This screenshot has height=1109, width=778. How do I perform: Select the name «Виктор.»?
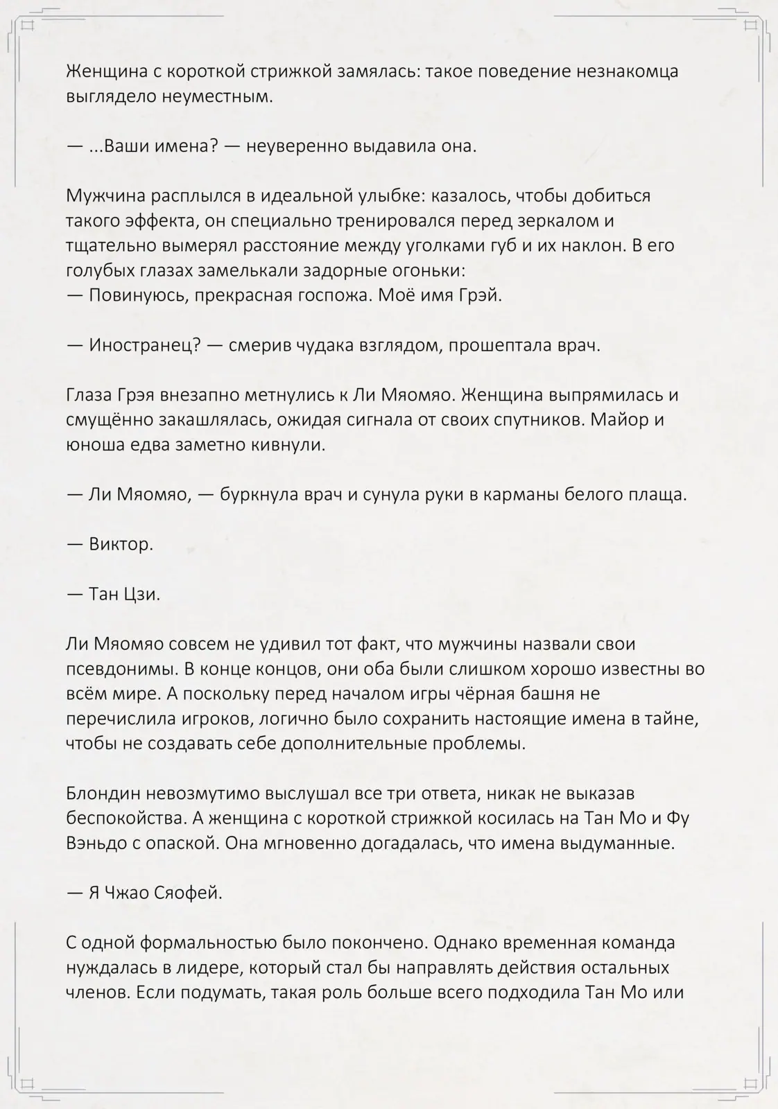click(x=121, y=544)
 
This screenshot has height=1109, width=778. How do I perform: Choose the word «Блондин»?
click(x=101, y=793)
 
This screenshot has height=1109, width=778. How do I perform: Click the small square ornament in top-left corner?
click(x=28, y=26)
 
